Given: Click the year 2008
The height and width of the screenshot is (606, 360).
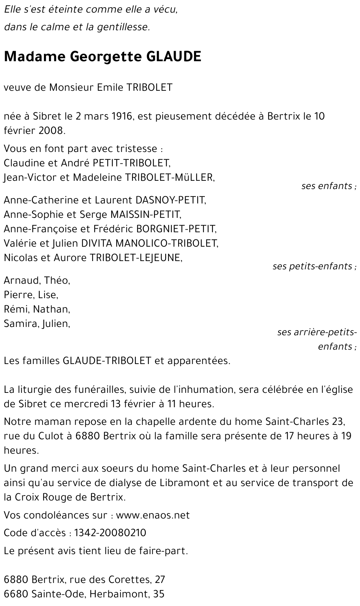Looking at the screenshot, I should [51, 131].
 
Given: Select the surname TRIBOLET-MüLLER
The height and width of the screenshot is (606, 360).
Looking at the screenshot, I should [168, 178].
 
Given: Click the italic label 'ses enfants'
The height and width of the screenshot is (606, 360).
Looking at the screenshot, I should [327, 186].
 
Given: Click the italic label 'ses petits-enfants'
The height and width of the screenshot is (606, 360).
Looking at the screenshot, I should [313, 266].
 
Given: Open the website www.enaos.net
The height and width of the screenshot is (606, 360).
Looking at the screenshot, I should [153, 515].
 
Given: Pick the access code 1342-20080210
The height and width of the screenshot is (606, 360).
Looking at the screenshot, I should [110, 533].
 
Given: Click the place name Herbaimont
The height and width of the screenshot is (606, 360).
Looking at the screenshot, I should [119, 594].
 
